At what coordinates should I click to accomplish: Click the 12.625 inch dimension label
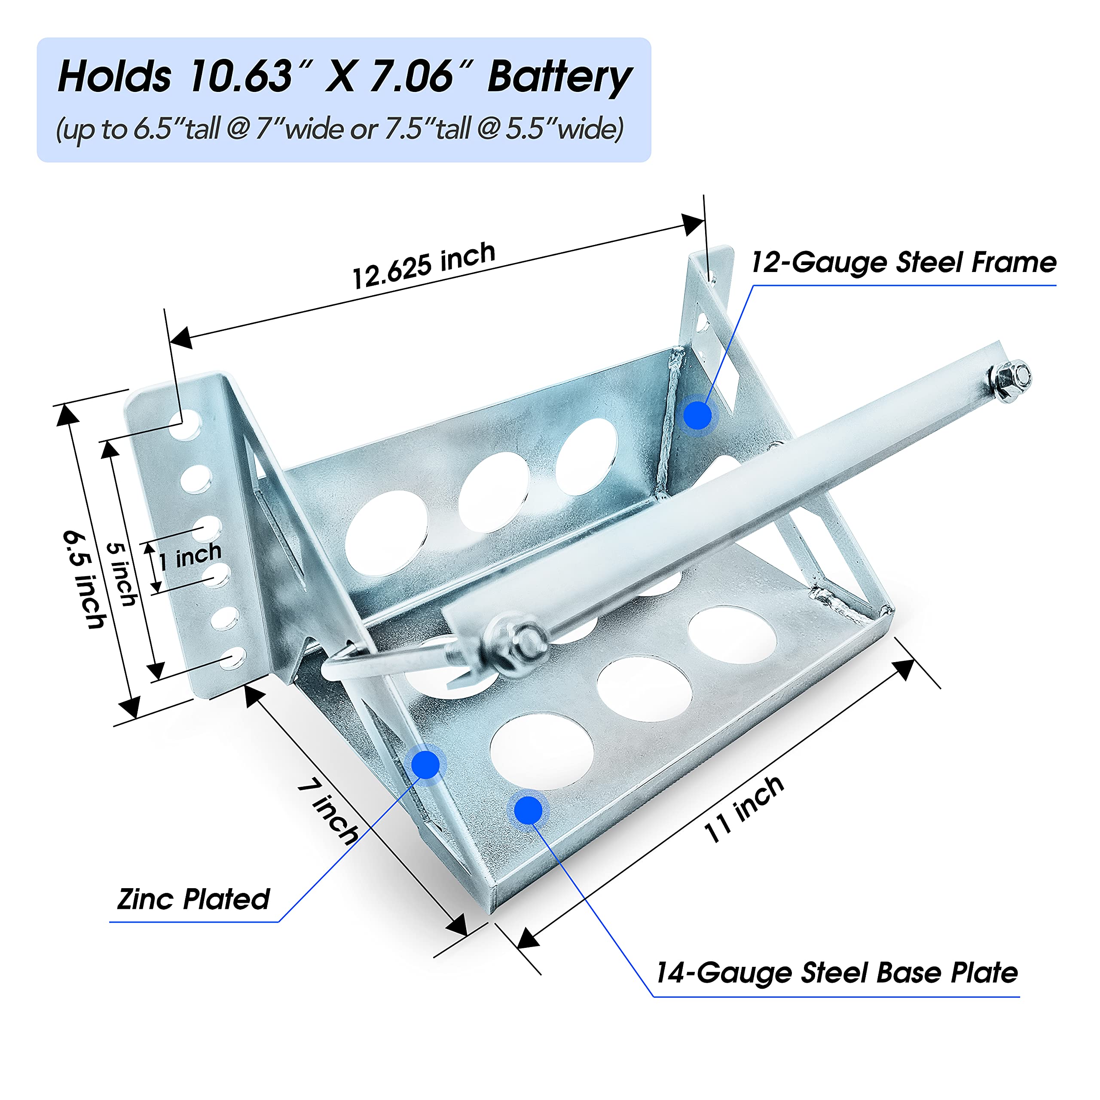point(424,265)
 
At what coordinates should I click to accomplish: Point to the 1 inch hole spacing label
point(189,556)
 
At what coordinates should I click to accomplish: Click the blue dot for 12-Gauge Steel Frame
point(697,415)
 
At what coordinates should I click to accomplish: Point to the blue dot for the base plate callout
point(529,810)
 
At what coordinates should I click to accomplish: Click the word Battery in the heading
point(560,77)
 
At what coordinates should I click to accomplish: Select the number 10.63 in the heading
point(241,77)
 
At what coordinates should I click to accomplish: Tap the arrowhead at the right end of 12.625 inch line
point(692,224)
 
